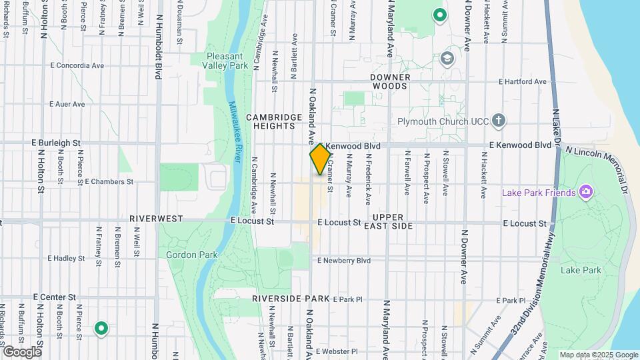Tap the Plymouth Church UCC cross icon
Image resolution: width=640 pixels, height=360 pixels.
[498, 121]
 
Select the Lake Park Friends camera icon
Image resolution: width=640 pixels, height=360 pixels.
[586, 193]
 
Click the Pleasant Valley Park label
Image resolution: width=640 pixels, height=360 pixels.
[227, 61]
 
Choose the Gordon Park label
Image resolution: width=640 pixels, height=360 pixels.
[183, 255]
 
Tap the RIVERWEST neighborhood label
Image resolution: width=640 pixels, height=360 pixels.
[156, 218]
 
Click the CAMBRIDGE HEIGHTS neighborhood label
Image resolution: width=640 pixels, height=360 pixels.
[274, 121]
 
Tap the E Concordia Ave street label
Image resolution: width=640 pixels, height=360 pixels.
[77, 66]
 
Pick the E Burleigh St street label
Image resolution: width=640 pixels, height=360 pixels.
[56, 143]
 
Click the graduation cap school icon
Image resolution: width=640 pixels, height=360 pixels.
[447, 58]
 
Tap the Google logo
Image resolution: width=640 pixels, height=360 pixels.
[21, 351]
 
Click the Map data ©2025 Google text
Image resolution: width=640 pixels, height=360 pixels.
[598, 355]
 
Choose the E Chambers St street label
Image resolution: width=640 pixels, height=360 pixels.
[109, 181]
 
